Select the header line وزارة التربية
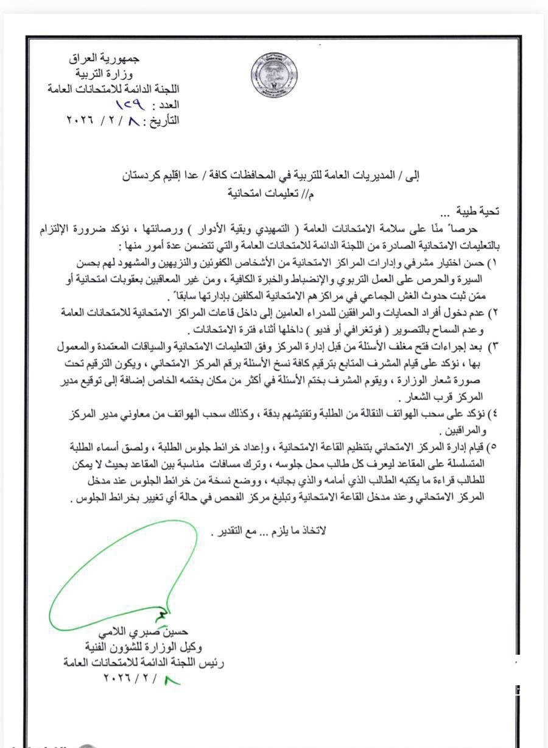107,74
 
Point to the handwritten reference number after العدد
121,105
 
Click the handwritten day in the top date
130,119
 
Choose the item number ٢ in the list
494,313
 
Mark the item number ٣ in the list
494,346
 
